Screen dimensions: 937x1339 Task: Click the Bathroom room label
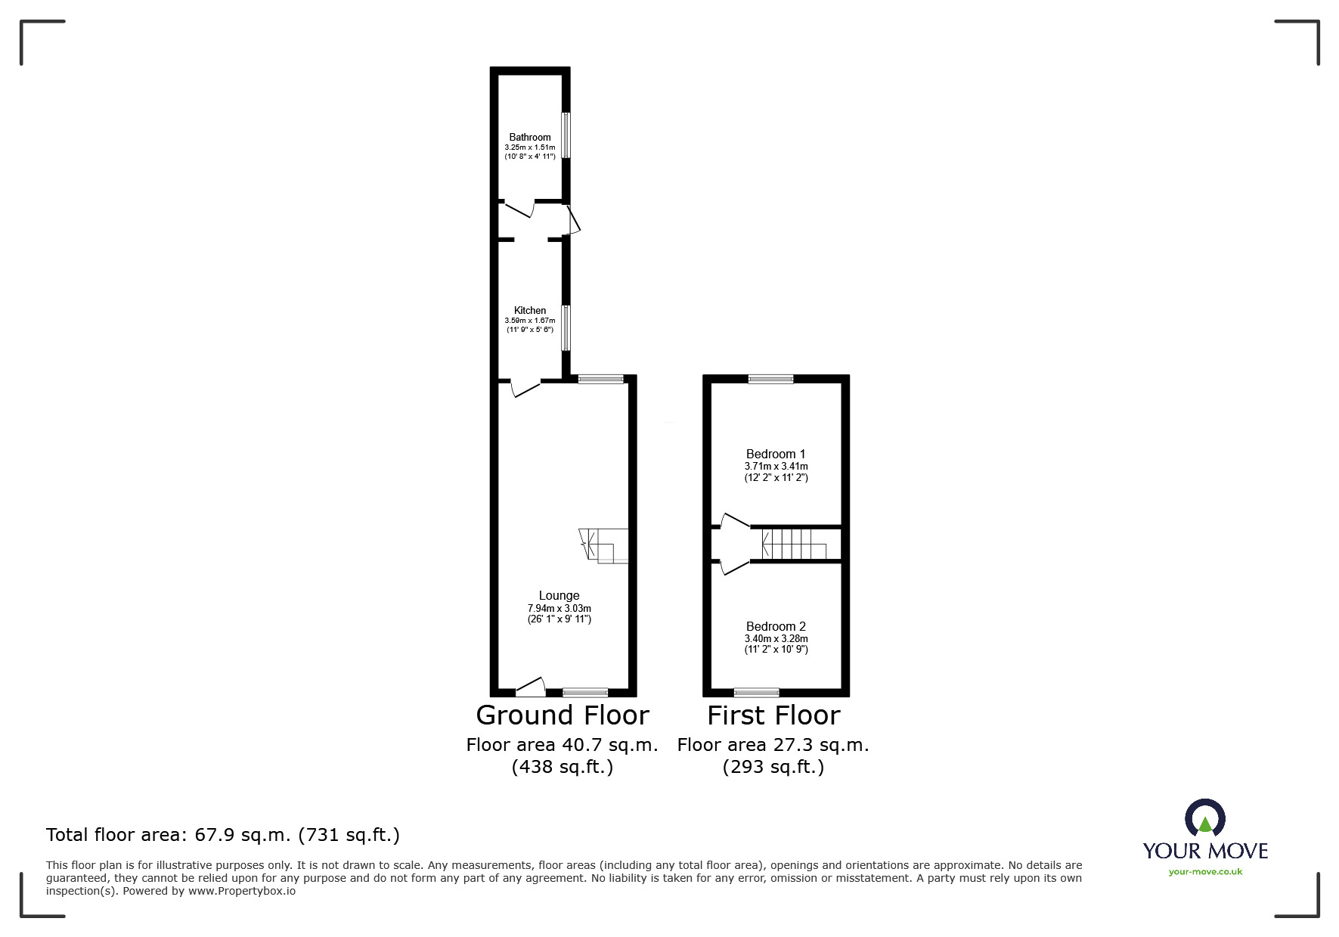(x=529, y=137)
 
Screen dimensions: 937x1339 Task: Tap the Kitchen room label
(x=529, y=310)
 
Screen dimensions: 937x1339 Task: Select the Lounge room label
(x=559, y=595)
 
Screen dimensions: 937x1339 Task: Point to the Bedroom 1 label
(x=775, y=454)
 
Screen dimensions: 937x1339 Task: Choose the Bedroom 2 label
(x=775, y=626)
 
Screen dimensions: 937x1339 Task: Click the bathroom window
(x=566, y=135)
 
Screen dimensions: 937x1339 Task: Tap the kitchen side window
(x=566, y=327)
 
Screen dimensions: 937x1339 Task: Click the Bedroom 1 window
(x=770, y=379)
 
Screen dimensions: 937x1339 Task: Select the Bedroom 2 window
(x=756, y=691)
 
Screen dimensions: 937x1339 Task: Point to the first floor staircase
(x=791, y=544)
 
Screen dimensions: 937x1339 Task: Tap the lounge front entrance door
(x=531, y=687)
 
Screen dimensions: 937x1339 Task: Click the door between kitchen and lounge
(x=525, y=388)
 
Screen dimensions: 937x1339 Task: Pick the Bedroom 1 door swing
(x=733, y=521)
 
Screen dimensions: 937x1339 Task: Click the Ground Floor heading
(x=562, y=715)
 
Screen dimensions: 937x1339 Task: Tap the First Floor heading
(x=773, y=715)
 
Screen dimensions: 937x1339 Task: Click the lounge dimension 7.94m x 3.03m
(x=559, y=608)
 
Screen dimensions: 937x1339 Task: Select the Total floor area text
(x=223, y=835)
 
